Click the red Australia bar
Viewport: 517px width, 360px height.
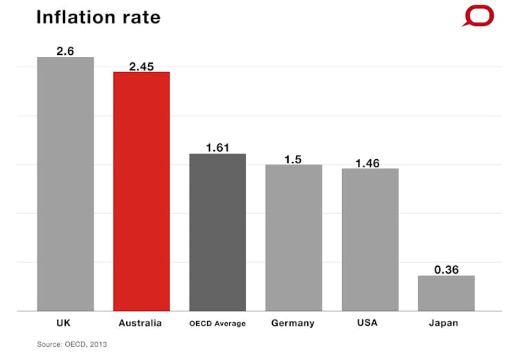[x=141, y=191]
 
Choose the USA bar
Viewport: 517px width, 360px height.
[x=370, y=239]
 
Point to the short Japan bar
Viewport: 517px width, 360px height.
[x=446, y=293]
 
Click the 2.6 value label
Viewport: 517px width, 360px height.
[x=65, y=50]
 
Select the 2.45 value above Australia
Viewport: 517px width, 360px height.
[x=141, y=66]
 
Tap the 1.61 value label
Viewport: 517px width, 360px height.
[x=217, y=147]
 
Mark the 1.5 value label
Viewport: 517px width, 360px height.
[x=293, y=159]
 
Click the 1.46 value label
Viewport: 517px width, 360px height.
[x=370, y=163]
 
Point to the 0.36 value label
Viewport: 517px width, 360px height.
[x=446, y=269]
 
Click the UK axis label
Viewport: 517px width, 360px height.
[x=65, y=322]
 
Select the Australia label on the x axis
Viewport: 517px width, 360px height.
[x=141, y=322]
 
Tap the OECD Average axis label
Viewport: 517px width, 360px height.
[x=217, y=323]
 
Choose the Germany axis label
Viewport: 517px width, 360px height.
[x=293, y=322]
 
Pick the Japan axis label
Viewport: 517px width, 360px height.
[x=446, y=322]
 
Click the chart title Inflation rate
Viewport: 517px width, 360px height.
[x=98, y=17]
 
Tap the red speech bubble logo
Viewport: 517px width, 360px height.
[x=478, y=16]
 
